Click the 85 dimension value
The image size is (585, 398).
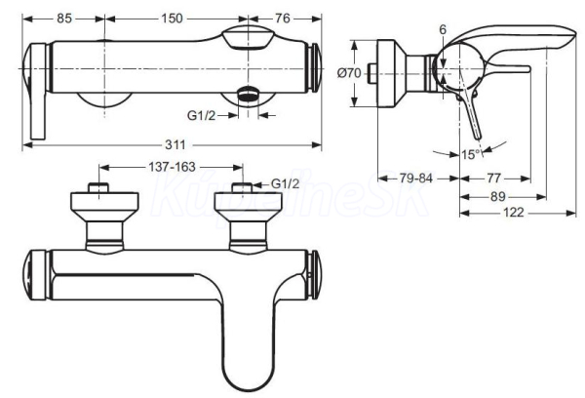[64, 18]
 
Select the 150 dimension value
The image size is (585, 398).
[172, 18]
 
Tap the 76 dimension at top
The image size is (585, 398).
[283, 18]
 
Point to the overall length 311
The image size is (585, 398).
[175, 144]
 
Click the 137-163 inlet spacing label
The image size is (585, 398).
[172, 167]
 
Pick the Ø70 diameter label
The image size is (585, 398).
[349, 73]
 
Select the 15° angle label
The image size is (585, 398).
[471, 154]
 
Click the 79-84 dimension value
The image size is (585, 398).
[416, 179]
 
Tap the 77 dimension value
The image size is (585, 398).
[493, 179]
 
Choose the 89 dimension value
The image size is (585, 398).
[498, 196]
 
